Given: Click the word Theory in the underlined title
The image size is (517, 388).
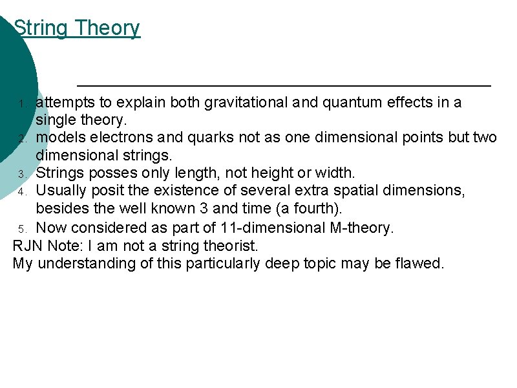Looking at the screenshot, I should coord(107,28).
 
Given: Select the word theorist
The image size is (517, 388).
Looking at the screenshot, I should coord(231,246).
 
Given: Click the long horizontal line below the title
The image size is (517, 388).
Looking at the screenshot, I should coord(284,85).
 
